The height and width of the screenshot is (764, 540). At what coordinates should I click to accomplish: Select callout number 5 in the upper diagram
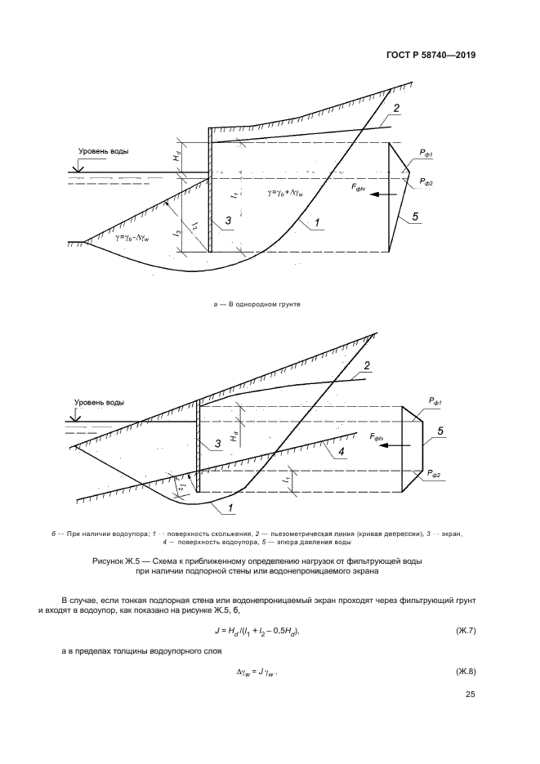(x=415, y=216)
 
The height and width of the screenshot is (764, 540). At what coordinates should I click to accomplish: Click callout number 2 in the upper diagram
(x=396, y=108)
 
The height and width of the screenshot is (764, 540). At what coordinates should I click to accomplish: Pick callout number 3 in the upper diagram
(x=229, y=221)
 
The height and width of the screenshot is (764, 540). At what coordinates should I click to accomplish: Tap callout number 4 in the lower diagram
(x=343, y=450)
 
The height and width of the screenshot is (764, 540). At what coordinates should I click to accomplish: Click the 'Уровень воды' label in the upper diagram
(x=104, y=151)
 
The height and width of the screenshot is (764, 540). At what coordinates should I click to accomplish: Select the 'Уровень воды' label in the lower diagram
(x=99, y=402)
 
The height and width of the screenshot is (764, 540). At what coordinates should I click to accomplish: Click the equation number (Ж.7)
(x=462, y=630)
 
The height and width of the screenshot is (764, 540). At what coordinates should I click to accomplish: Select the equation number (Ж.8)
(x=462, y=672)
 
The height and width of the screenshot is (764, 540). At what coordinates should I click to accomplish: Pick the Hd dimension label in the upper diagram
(x=177, y=154)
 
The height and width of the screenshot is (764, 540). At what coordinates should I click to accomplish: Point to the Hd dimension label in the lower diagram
(x=234, y=436)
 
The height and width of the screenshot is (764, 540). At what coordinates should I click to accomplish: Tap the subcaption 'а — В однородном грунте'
(x=257, y=303)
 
